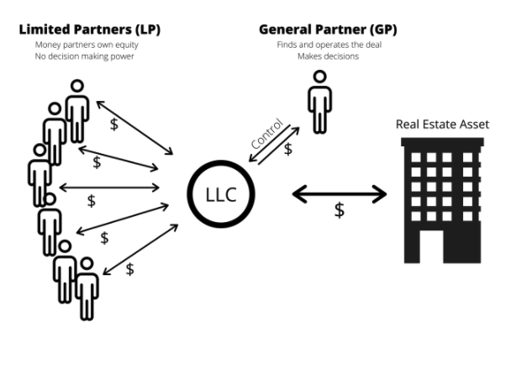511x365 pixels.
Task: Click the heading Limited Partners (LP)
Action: pyautogui.click(x=91, y=30)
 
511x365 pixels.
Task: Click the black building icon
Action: pyautogui.click(x=442, y=198)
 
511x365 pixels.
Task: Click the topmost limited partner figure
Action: pyautogui.click(x=77, y=109)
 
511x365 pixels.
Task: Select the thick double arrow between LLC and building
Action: pyautogui.click(x=339, y=195)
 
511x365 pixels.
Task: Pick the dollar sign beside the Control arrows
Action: pyautogui.click(x=288, y=149)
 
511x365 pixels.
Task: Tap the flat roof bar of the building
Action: pyautogui.click(x=442, y=141)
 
